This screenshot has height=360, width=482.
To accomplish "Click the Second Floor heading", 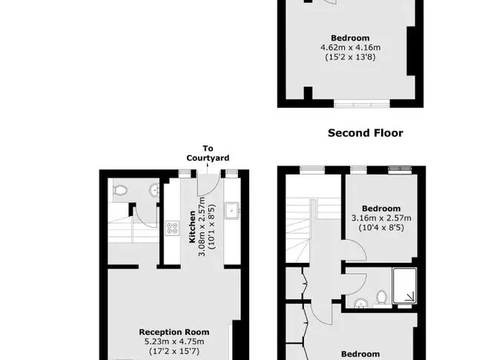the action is click(x=365, y=133).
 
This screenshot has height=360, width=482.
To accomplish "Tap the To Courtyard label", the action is click(x=208, y=153).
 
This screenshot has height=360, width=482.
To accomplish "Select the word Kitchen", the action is click(x=192, y=227).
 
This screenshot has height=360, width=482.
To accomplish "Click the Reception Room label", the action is click(x=174, y=332).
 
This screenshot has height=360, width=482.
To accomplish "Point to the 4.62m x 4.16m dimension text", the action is click(x=351, y=48).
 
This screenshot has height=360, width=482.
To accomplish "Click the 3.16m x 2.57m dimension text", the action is click(x=381, y=217).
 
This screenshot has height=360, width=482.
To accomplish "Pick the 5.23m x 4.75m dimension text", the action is click(x=174, y=341).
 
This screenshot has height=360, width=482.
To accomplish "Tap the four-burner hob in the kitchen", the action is click(x=172, y=229).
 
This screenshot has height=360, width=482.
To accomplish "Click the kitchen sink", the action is click(x=232, y=211).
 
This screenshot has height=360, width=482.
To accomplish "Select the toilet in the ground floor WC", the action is click(x=120, y=190).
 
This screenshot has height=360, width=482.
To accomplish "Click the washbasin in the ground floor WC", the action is click(x=154, y=190).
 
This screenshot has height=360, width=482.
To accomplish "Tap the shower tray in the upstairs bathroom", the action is click(x=404, y=286).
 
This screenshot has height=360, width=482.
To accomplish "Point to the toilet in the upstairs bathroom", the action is click(x=381, y=297).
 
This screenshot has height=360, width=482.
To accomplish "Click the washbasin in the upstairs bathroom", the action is click(x=360, y=304).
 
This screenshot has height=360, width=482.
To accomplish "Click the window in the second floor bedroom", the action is click(x=362, y=105).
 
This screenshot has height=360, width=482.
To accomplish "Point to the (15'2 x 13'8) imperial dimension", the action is click(x=351, y=57).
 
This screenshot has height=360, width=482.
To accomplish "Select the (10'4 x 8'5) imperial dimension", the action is click(x=381, y=227).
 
